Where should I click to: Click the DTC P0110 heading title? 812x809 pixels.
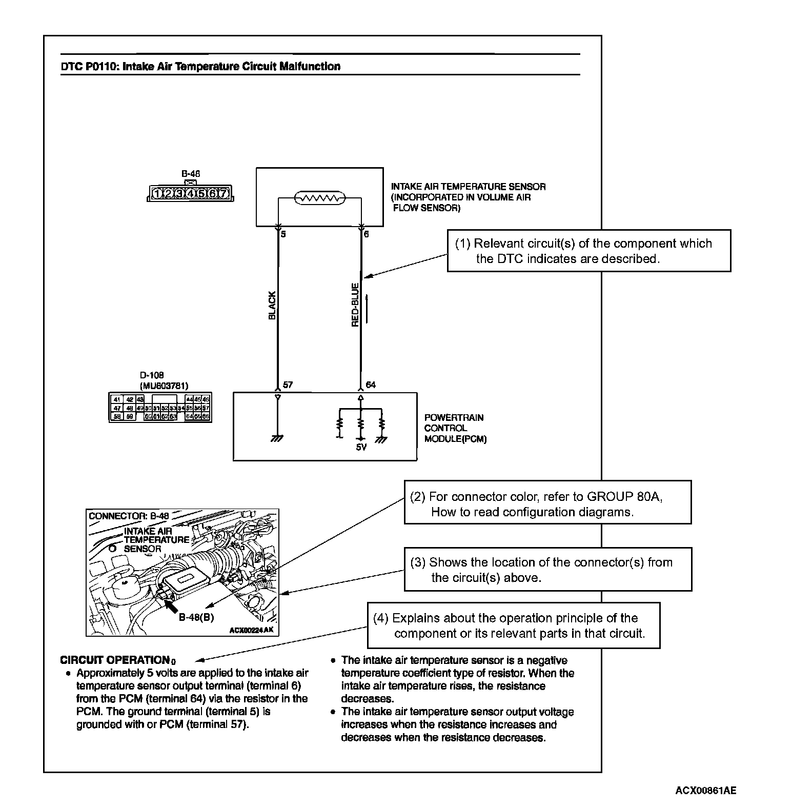tap(200, 67)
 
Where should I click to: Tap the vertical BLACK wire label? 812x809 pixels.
tap(272, 306)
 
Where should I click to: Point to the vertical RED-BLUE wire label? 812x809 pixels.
tap(355, 306)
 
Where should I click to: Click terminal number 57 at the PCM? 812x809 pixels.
tap(288, 385)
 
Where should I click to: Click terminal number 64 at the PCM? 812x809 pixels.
tap(371, 385)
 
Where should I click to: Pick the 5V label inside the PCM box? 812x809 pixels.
tap(361, 448)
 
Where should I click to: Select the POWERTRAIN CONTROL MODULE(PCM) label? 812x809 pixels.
tap(455, 428)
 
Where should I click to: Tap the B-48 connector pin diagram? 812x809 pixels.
tap(190, 193)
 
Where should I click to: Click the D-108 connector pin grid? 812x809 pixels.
tap(160, 408)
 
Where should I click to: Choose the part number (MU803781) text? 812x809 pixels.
tap(164, 386)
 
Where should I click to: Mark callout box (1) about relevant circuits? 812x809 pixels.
tap(588, 251)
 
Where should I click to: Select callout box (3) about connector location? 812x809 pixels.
tap(547, 569)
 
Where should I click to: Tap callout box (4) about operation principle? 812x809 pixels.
tap(514, 625)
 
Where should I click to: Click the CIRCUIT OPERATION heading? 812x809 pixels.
tap(115, 660)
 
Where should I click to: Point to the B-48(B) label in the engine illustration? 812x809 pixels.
tap(196, 617)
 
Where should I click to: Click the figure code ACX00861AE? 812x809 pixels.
tap(705, 790)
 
